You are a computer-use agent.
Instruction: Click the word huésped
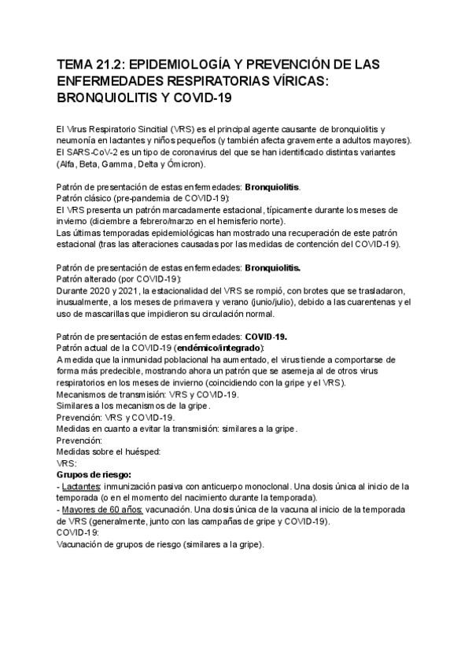[142, 451]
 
